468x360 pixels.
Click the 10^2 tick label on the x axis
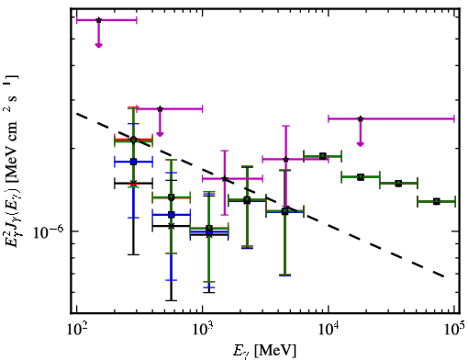click(76, 330)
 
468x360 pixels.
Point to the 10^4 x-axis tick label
click(329, 330)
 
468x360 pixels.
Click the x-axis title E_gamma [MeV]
click(264, 351)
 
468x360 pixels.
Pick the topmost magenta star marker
click(98, 20)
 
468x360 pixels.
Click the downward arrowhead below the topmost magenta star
click(98, 45)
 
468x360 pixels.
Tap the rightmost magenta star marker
click(361, 118)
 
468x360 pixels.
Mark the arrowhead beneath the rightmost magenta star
click(361, 144)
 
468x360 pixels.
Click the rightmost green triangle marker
click(437, 201)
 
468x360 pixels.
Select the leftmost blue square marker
click(133, 162)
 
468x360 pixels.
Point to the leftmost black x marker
click(133, 183)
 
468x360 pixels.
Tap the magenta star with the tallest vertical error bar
click(285, 159)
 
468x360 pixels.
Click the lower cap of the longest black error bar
click(172, 300)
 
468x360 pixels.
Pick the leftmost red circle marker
click(133, 140)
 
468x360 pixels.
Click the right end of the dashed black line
click(443, 276)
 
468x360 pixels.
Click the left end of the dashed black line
click(76, 114)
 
